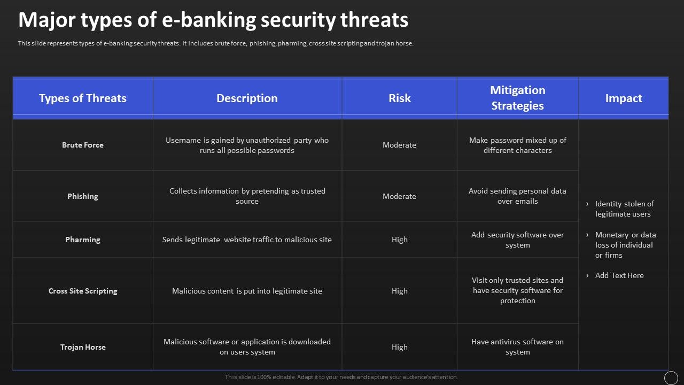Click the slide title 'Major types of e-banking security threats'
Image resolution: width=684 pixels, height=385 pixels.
click(213, 20)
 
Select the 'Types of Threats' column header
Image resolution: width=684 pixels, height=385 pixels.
click(83, 98)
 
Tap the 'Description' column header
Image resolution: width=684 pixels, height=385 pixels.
click(247, 98)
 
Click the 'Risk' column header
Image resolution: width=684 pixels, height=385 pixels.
click(399, 98)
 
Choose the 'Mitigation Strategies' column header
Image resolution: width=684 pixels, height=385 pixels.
click(517, 98)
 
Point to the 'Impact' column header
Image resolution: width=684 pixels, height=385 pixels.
click(623, 98)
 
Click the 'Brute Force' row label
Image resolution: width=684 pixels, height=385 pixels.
click(83, 145)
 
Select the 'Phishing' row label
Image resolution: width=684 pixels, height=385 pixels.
click(83, 196)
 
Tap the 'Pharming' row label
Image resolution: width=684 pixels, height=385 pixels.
click(83, 240)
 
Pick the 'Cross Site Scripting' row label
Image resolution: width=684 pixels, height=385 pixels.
click(83, 291)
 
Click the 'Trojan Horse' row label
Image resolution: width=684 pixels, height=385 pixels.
click(83, 347)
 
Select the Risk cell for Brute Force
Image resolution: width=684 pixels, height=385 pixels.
click(399, 145)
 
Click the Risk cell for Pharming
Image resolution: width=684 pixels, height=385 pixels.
click(399, 240)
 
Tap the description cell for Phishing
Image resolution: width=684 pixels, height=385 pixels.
click(247, 196)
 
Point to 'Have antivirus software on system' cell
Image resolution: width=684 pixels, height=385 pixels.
click(517, 347)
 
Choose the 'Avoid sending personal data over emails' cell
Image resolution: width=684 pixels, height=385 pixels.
click(517, 196)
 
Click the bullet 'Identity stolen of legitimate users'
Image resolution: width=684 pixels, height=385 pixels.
click(624, 209)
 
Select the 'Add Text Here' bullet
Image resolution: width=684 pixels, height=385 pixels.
click(619, 275)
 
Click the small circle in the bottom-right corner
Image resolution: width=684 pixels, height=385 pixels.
click(671, 378)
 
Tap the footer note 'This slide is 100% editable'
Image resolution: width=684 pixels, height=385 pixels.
click(341, 377)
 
